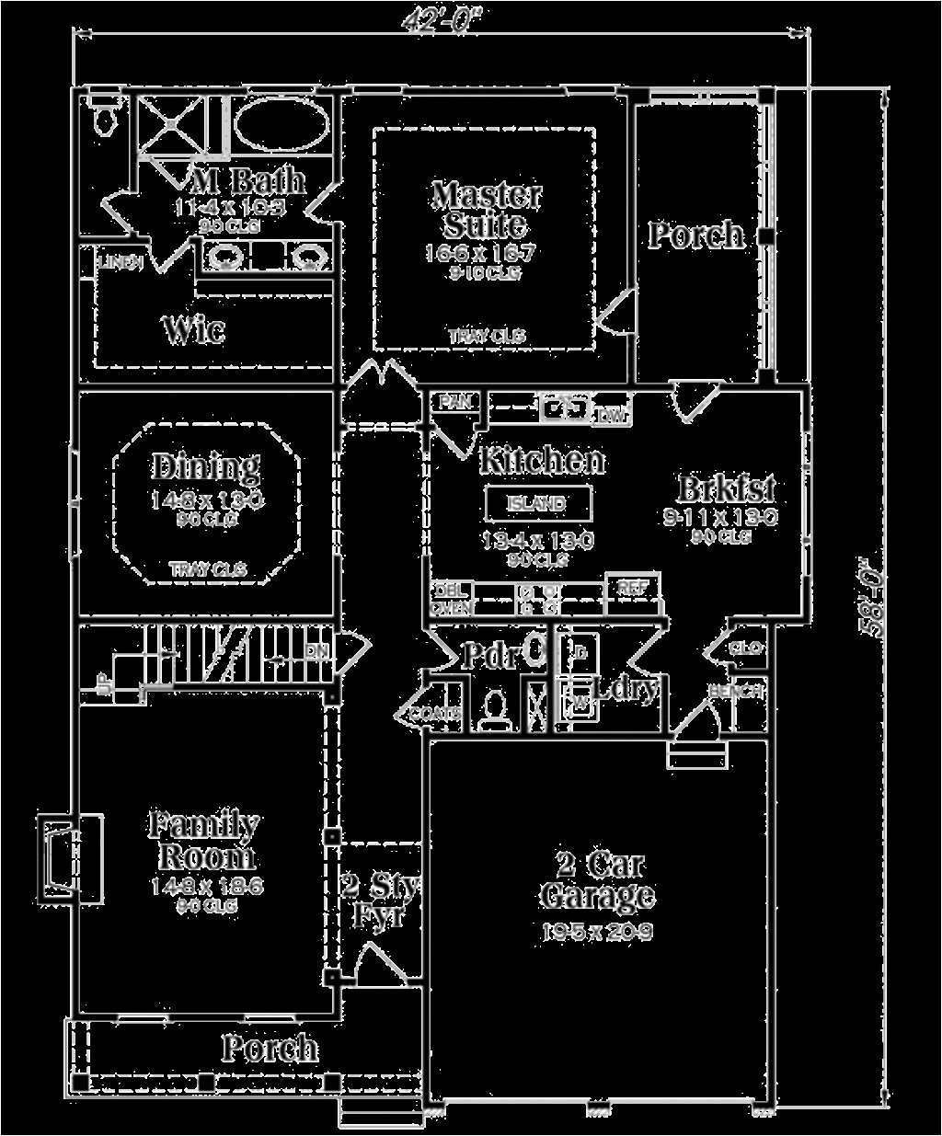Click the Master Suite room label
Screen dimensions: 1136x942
(486, 210)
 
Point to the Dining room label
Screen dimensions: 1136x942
(205, 467)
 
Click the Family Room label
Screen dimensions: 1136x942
(204, 839)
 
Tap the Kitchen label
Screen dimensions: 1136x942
(542, 460)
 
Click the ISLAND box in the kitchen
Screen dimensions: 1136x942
(538, 503)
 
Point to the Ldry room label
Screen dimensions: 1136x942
(626, 687)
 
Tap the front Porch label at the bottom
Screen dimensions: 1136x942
(270, 1048)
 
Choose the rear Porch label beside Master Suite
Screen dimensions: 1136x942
(695, 235)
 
